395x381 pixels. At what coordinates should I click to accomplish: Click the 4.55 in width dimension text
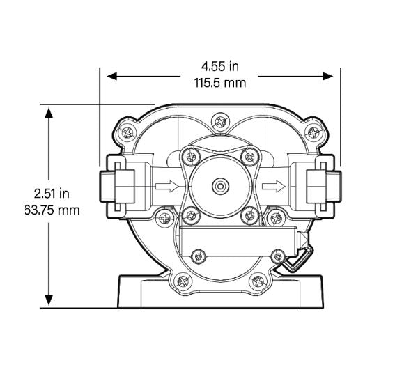(219, 67)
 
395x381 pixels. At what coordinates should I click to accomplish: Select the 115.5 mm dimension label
(219, 82)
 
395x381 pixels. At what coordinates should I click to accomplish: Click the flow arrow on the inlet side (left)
(164, 186)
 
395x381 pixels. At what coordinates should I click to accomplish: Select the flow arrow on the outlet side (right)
(275, 186)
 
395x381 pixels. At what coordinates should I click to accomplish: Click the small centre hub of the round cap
(220, 185)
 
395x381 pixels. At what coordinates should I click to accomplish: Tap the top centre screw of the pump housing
(220, 121)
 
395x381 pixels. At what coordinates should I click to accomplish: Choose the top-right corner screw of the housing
(314, 131)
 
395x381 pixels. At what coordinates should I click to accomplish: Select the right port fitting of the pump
(325, 186)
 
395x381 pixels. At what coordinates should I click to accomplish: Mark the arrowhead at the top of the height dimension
(48, 111)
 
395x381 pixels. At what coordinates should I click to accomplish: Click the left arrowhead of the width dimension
(107, 75)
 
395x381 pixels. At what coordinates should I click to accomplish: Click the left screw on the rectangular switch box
(199, 258)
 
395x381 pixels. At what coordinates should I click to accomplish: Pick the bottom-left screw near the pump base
(183, 281)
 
